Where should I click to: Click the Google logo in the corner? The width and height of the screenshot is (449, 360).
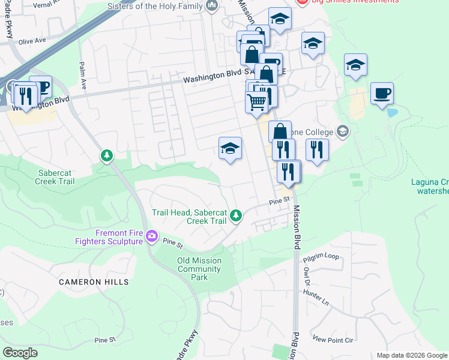pos(20,353)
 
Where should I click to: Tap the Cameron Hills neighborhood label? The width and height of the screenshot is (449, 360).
pos(94,281)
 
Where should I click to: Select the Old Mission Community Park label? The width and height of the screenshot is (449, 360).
pos(200,269)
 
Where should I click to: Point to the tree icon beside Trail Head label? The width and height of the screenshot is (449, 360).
pos(237,215)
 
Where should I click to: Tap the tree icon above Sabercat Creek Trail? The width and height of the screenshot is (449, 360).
pos(107,156)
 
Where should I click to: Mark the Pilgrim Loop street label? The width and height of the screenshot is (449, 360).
pos(321,256)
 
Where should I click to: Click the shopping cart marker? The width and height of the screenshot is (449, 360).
pos(257,102)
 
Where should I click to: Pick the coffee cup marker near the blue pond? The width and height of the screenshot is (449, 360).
pos(382,94)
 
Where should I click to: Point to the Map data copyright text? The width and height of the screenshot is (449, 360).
pos(412,355)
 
